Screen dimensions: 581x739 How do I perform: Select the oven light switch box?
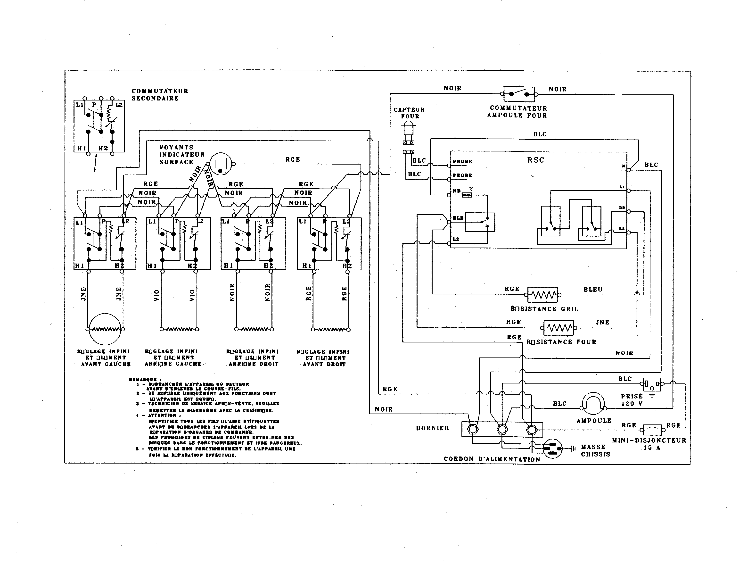519,94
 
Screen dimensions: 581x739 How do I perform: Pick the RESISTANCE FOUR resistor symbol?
558,328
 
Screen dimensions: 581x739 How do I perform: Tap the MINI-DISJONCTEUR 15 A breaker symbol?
652,430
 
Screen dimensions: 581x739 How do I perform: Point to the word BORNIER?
432,428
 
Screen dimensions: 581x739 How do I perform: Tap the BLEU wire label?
593,290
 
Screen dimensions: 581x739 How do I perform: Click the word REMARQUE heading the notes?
142,379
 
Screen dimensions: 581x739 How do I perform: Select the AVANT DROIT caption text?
324,364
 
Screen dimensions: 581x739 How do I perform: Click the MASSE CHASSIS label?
595,450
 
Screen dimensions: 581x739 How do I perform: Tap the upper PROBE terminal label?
462,162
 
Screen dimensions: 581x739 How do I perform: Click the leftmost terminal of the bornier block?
472,429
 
